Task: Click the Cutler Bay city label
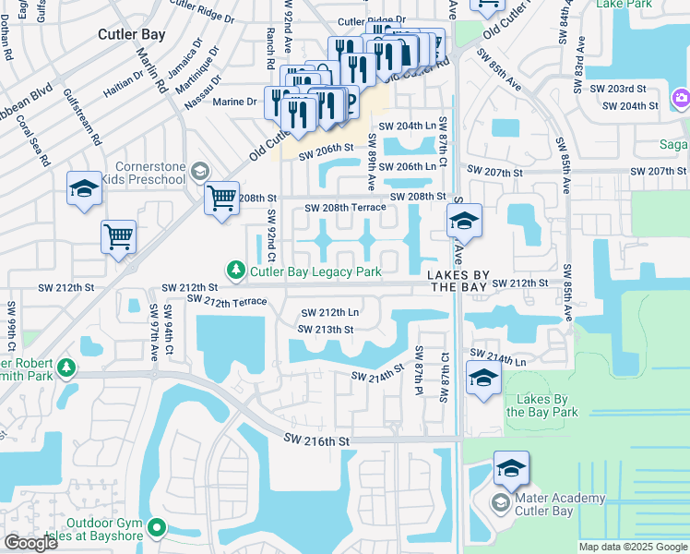[x=131, y=34]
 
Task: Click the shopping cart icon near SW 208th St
[x=221, y=198]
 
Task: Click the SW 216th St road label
[x=316, y=441]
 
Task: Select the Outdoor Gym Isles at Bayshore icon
[x=157, y=529]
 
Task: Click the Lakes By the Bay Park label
[x=541, y=405]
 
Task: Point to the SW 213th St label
[x=327, y=329]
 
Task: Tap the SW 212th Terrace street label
[x=226, y=301]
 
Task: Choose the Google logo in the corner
[x=30, y=543]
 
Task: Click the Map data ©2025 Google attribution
[x=633, y=547]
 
